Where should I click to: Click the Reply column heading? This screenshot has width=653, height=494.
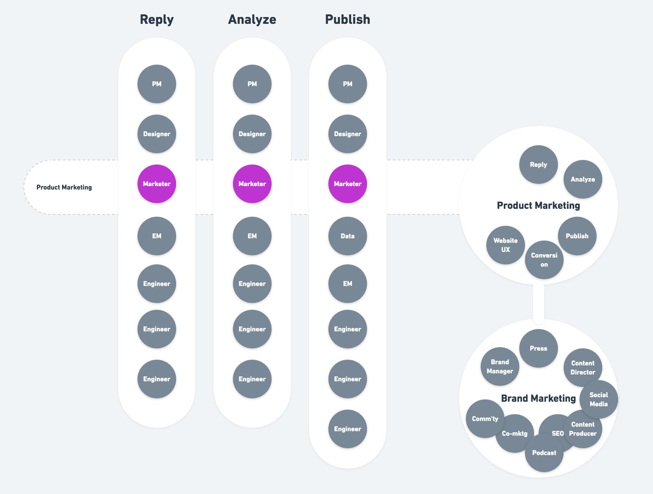pyautogui.click(x=156, y=19)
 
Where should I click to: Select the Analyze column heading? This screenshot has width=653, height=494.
pyautogui.click(x=252, y=19)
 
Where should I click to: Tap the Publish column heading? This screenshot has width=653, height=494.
pyautogui.click(x=347, y=19)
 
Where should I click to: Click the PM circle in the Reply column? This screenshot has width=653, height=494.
pyautogui.click(x=156, y=84)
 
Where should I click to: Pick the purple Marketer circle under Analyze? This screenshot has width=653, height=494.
pyautogui.click(x=252, y=184)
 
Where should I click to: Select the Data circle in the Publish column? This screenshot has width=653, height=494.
pyautogui.click(x=347, y=236)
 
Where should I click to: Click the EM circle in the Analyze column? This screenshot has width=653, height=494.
pyautogui.click(x=252, y=236)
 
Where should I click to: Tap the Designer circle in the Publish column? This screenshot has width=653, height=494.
pyautogui.click(x=347, y=134)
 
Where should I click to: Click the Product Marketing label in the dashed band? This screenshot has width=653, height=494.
pyautogui.click(x=64, y=187)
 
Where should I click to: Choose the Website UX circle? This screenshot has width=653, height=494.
pyautogui.click(x=505, y=245)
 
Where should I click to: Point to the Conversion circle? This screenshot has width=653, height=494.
pyautogui.click(x=544, y=260)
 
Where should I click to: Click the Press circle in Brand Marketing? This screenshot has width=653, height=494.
pyautogui.click(x=538, y=348)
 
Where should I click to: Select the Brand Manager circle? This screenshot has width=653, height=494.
pyautogui.click(x=500, y=367)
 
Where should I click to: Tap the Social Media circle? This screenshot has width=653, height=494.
pyautogui.click(x=598, y=399)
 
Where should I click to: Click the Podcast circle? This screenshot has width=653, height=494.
pyautogui.click(x=544, y=453)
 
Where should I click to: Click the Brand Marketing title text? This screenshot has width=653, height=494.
pyautogui.click(x=538, y=398)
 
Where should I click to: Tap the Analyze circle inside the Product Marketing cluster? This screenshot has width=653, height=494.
pyautogui.click(x=583, y=179)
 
